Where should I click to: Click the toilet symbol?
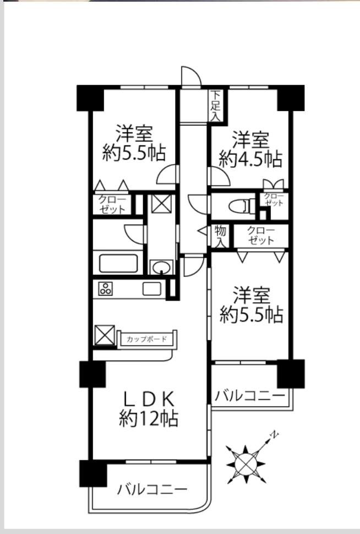coord(242,206)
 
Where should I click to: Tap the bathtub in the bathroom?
coord(118,263)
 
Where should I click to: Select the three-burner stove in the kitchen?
coord(105,289)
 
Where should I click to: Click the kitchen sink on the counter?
coord(151,289)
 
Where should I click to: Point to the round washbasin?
coord(161,268)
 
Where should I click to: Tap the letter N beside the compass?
coord(274,434)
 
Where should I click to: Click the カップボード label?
coord(147,339)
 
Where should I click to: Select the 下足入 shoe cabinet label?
coord(215,106)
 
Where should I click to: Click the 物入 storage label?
coord(220,237)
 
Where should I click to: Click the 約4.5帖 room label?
coord(250,159)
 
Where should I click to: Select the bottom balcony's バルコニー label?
coord(152,490)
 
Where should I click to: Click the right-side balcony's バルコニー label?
coord(250,396)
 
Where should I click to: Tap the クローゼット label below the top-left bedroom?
coord(112,204)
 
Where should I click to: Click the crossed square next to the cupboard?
coord(105,335)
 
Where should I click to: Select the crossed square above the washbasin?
coord(161,203)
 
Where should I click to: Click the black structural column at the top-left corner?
coord(90,98)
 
